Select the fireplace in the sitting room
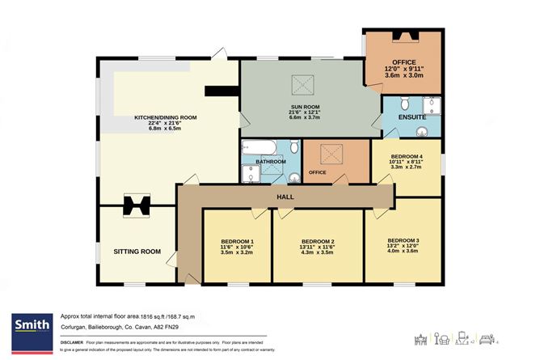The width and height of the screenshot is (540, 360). (x=136, y=207)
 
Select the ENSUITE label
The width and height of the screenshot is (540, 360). (x=412, y=118)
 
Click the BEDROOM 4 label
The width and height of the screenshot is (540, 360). (x=405, y=157)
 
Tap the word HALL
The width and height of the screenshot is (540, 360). (x=285, y=196)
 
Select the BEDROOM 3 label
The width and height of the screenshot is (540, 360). (x=403, y=240)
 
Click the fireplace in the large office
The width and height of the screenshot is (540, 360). (x=403, y=36)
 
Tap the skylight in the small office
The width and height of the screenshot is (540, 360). (x=330, y=152)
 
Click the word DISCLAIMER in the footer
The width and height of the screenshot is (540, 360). (x=74, y=342)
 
